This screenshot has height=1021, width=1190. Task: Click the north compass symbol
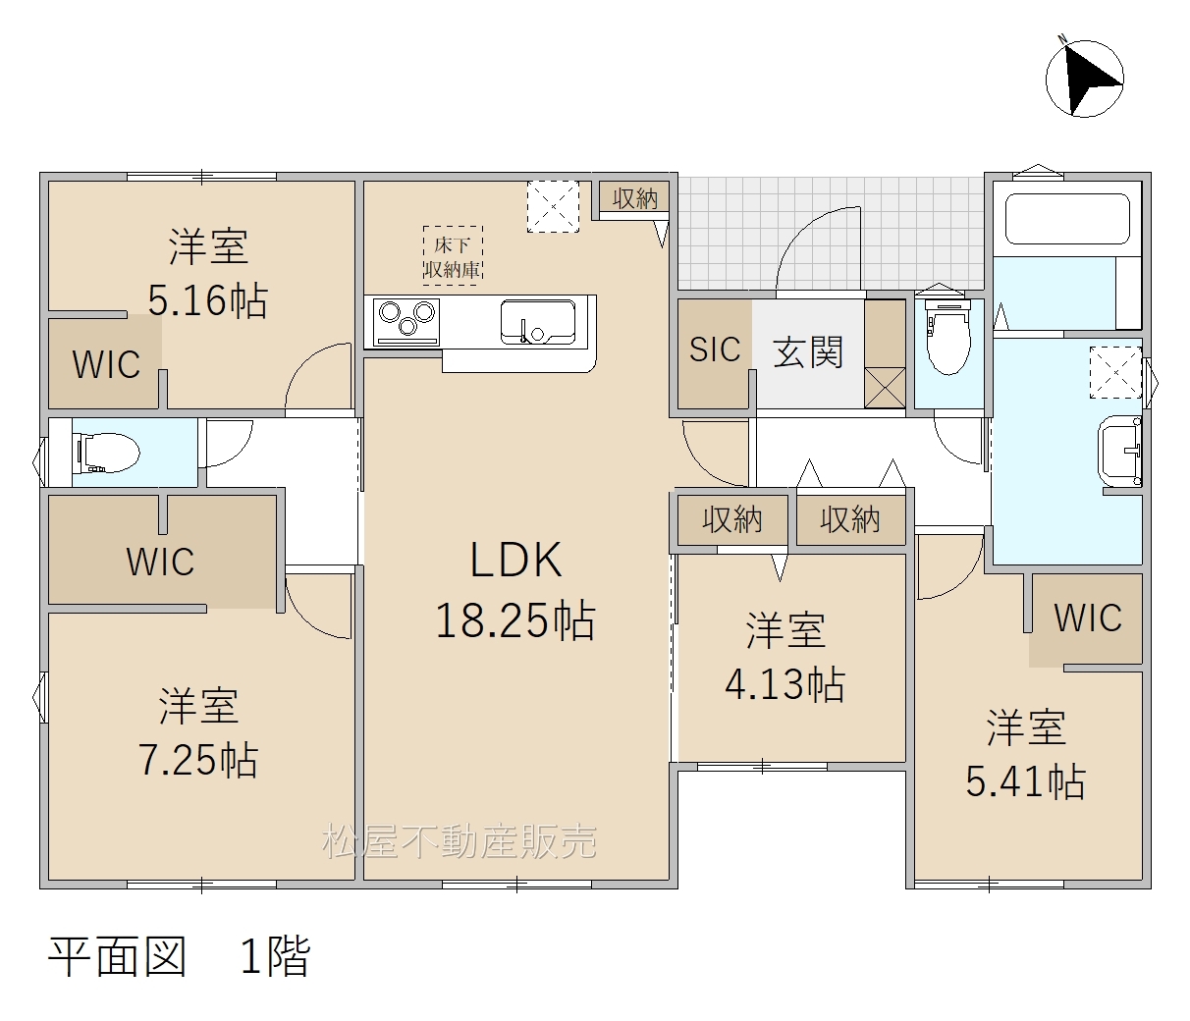1084,79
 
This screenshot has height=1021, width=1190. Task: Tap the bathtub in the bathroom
1067,219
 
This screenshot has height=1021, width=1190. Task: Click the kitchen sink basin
538,321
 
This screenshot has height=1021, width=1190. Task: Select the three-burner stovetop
406,322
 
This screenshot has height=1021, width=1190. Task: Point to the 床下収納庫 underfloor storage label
453,256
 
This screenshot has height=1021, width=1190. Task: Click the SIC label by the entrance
715,349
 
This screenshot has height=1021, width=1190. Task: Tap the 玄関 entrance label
808,351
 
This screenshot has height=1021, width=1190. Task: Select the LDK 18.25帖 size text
515,590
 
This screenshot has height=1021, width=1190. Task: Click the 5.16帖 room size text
208,299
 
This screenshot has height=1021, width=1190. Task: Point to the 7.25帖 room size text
198,760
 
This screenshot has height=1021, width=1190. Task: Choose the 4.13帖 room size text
784,683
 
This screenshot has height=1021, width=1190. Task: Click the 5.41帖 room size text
1025,781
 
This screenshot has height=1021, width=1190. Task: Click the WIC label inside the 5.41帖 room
1088,618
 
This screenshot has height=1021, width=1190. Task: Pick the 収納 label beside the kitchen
634,199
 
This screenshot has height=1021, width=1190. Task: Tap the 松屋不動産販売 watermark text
460,841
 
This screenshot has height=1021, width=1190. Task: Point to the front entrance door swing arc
818,247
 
